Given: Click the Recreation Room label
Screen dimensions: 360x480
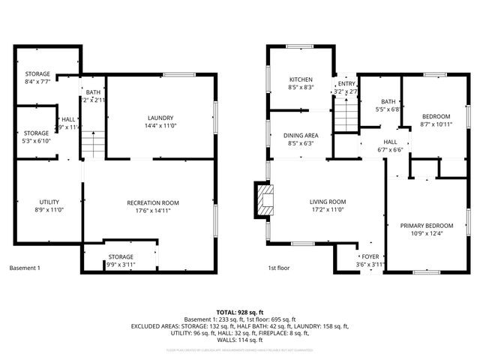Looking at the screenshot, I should tap(153, 202).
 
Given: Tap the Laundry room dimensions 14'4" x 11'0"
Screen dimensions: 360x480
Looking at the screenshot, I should tap(160, 127).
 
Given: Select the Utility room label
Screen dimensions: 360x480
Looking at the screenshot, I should tap(49, 202).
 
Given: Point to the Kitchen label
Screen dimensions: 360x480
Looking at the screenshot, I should tap(301, 79).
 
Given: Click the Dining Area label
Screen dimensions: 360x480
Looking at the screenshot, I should tap(301, 134).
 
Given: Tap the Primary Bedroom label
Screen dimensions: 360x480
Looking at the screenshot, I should tap(426, 226).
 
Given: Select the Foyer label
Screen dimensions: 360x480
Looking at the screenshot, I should tap(370, 256).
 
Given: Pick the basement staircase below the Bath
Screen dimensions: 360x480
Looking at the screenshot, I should tap(91, 143).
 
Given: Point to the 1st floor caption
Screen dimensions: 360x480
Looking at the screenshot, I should tap(279, 268).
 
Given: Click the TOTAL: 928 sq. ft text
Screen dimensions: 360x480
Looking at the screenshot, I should tap(240, 311).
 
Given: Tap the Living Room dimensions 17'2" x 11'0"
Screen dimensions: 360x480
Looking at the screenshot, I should tap(327, 210).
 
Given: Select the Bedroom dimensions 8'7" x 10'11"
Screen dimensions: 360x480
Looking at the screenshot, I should tap(435, 125).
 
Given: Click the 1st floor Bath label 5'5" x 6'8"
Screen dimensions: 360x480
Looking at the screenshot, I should tap(388, 101).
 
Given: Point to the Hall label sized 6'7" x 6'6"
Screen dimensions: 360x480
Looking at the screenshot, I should tap(390, 142).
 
